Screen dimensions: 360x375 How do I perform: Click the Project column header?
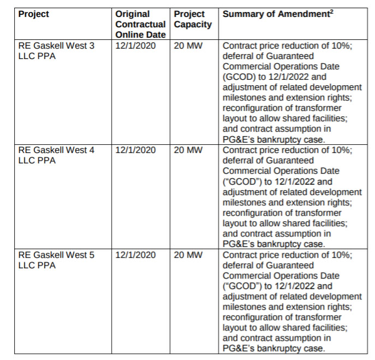pos(33,14)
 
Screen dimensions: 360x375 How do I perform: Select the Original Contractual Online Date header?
pos(140,24)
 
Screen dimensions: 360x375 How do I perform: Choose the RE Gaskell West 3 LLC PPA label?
pos(56,51)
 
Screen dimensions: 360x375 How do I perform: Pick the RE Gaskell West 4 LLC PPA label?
pos(56,155)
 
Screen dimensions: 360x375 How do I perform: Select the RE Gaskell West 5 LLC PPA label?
pos(56,260)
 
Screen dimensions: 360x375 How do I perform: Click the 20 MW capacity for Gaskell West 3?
pos(188,46)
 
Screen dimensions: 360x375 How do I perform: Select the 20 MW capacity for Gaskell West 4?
pos(188,150)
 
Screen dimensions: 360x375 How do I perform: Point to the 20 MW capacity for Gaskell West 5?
pos(188,255)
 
